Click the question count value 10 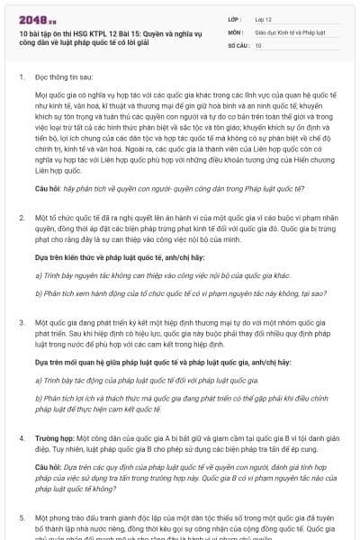click(x=259, y=45)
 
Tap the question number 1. click(x=21, y=77)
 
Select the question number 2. click(x=21, y=218)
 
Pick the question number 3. click(x=21, y=320)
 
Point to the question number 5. click(x=21, y=518)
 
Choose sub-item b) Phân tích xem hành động click(x=157, y=292)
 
